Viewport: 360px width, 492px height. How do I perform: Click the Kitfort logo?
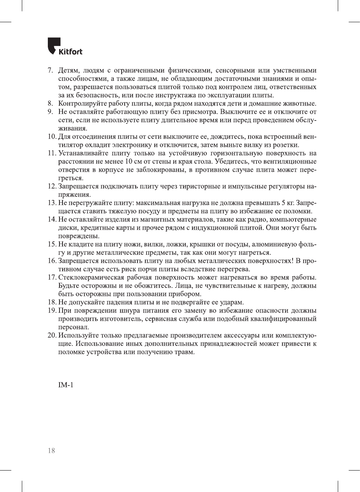(x=65, y=47)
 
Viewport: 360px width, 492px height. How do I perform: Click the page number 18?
(x=51, y=451)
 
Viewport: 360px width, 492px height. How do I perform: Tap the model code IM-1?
(x=66, y=385)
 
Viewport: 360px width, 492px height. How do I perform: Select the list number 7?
(x=50, y=70)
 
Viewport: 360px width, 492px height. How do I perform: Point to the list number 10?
(x=52, y=137)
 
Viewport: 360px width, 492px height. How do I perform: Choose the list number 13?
(x=52, y=203)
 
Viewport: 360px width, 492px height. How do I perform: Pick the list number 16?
(x=52, y=261)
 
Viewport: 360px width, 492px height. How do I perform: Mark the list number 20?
(x=52, y=335)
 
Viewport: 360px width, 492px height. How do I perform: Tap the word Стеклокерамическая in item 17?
(x=91, y=277)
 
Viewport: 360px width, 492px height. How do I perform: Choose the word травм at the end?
(x=184, y=352)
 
